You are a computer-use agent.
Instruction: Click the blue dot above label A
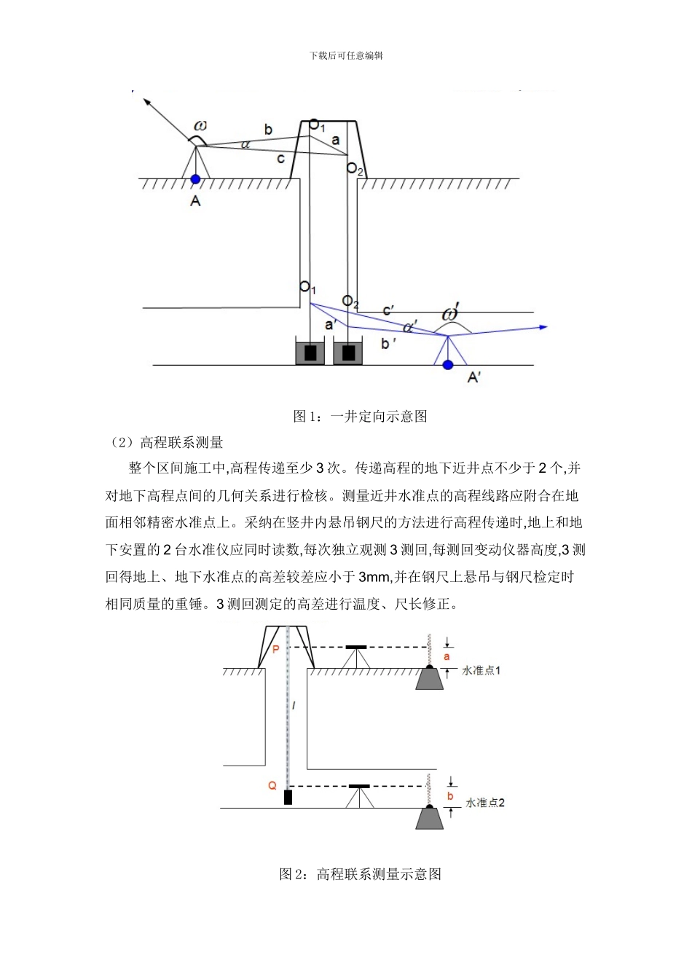(195, 178)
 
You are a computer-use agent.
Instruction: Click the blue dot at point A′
(448, 364)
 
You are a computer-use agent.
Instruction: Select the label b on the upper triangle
(268, 130)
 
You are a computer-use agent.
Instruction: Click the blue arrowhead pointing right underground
(543, 328)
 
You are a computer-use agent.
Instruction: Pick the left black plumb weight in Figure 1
(310, 353)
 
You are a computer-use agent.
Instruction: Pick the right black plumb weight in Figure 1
(348, 353)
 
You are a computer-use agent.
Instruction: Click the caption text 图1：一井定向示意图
(360, 416)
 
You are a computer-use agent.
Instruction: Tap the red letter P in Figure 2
(275, 648)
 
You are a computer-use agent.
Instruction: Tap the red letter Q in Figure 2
(272, 785)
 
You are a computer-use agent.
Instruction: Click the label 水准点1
(481, 670)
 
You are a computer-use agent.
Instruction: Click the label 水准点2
(485, 803)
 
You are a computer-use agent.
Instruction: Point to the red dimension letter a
(447, 656)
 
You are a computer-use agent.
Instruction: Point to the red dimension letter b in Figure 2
(450, 796)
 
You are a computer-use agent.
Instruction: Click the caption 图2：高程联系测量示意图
(360, 873)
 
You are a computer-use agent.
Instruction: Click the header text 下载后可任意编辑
(346, 55)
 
